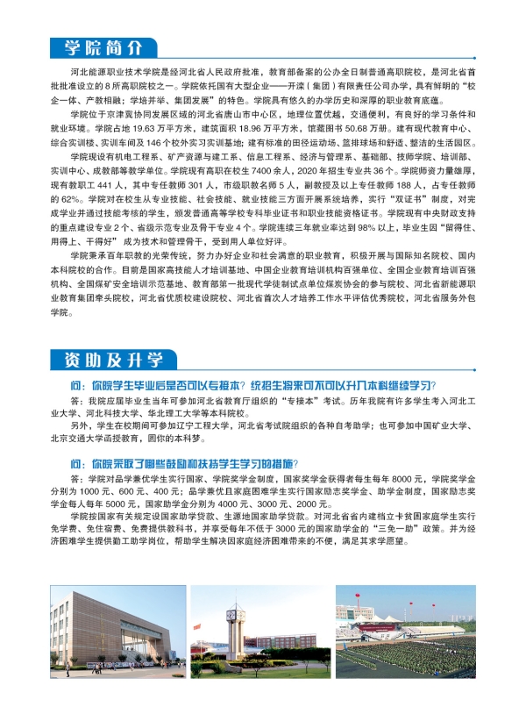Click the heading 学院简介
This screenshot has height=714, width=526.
[x=101, y=47]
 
